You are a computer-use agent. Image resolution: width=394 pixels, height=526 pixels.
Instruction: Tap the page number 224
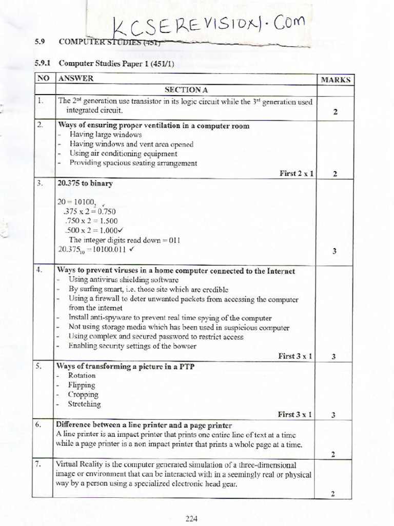(x=192, y=518)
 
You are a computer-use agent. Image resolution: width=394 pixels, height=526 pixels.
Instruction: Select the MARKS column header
(x=336, y=80)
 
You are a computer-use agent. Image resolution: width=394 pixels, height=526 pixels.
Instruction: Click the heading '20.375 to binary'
(x=85, y=183)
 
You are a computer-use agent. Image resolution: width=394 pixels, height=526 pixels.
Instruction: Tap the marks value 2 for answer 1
(x=335, y=112)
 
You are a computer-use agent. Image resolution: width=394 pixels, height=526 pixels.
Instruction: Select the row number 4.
(x=41, y=271)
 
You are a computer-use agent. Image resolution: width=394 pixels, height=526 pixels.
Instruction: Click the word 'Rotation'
(x=82, y=375)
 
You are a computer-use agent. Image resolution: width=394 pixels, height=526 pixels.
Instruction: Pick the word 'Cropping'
(x=83, y=394)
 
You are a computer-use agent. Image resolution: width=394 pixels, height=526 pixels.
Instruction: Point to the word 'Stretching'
(x=85, y=404)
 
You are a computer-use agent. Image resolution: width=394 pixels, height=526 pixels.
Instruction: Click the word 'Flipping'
(x=82, y=385)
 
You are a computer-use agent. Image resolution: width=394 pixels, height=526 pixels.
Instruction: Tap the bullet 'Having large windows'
(x=106, y=135)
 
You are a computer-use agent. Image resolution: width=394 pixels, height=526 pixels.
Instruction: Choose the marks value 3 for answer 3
(x=334, y=251)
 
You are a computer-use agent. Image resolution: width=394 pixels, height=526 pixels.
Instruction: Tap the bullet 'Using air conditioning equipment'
(x=123, y=154)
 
